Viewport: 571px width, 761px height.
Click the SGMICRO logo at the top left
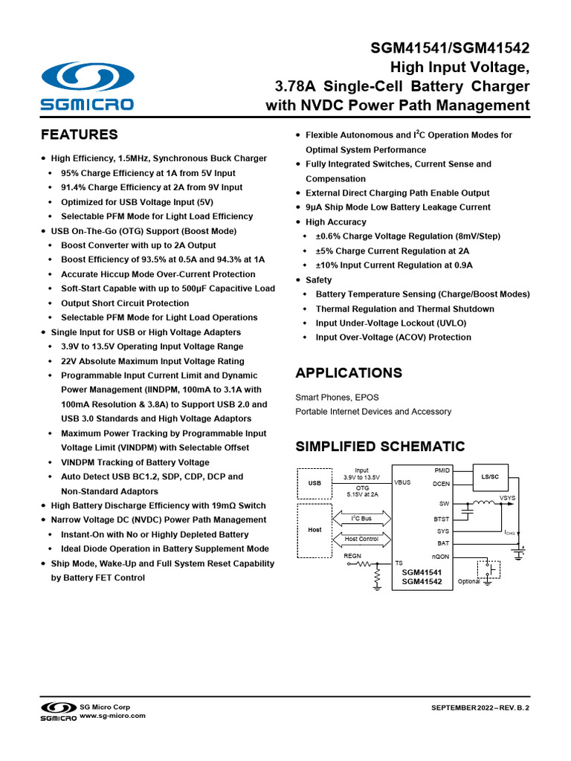(88, 87)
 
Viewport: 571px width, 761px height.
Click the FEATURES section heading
(79, 135)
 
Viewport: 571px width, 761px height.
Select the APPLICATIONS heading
(349, 372)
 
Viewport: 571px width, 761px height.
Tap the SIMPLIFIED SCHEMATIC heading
(380, 446)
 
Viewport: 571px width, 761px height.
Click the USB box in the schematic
(314, 482)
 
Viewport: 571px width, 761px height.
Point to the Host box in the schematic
(314, 529)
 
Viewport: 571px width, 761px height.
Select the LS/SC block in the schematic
(491, 476)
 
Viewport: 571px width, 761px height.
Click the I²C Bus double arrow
(362, 518)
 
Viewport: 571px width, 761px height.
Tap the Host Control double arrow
(362, 539)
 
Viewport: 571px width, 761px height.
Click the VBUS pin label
(402, 482)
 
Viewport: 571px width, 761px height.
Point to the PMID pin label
(442, 470)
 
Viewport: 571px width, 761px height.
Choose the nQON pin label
(441, 556)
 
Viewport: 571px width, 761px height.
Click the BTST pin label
(442, 519)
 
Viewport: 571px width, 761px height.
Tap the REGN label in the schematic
(352, 555)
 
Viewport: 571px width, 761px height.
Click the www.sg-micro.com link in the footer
(112, 716)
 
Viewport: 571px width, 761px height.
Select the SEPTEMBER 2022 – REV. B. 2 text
(485, 709)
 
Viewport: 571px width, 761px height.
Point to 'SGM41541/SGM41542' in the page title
(451, 49)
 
